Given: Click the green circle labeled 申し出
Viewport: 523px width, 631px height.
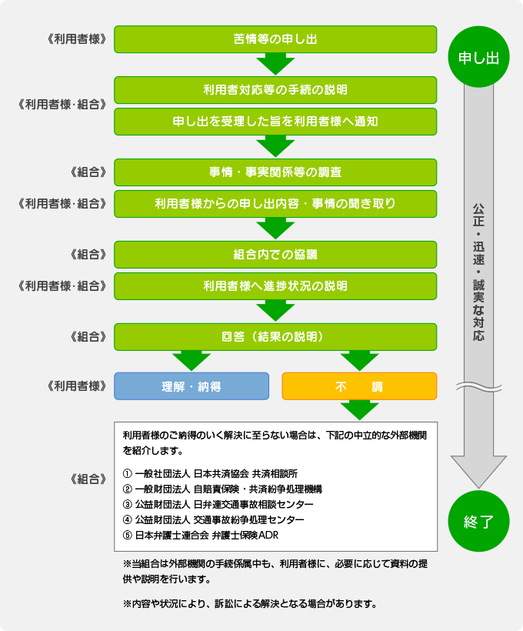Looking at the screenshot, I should tap(478, 58).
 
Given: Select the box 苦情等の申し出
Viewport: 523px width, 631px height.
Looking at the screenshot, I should tap(275, 39).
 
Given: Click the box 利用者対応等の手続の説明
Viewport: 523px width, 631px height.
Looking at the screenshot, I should tap(275, 89).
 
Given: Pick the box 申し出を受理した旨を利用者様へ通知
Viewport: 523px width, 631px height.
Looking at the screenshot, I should tap(275, 122).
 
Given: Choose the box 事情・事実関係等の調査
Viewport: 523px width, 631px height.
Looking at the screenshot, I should tap(275, 172).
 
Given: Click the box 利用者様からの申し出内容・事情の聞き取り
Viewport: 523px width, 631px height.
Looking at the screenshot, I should tap(275, 204).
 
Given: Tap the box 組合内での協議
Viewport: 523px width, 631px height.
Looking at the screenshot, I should tap(275, 254).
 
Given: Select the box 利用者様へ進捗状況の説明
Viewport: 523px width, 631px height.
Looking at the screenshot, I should tap(275, 286).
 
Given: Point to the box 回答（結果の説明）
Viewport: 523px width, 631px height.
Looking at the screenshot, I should tap(275, 337).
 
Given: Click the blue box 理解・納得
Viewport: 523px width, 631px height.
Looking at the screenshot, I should tap(192, 386).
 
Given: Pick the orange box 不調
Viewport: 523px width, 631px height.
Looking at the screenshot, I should tap(359, 386).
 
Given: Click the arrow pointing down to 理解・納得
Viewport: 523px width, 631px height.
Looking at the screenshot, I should tap(192, 359).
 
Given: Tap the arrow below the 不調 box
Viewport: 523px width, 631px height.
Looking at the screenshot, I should tap(359, 409).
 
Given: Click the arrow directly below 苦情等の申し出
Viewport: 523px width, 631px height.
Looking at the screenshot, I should tap(275, 63).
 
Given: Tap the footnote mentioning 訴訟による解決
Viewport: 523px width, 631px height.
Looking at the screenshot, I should tap(249, 603).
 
